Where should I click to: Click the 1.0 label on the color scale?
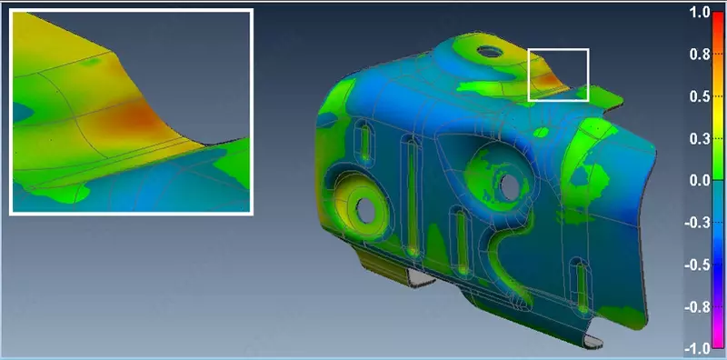[x=699, y=13]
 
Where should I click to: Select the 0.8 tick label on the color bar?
[x=699, y=55]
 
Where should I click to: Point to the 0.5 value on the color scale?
[x=699, y=97]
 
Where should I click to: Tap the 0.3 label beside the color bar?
[x=699, y=139]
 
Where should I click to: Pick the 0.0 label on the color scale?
[x=699, y=181]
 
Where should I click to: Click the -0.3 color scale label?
[x=697, y=223]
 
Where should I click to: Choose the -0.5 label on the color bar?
[x=697, y=265]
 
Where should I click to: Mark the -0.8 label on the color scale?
[x=697, y=307]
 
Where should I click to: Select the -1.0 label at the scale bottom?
[x=697, y=348]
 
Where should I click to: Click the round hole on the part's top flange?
[x=490, y=51]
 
